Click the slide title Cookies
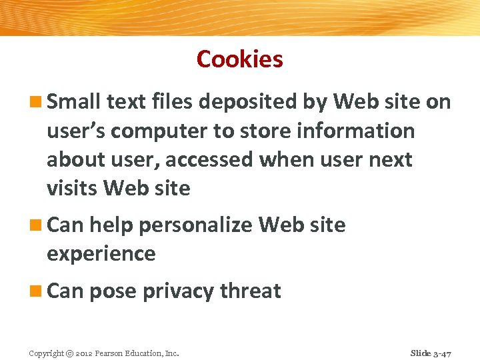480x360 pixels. (x=240, y=59)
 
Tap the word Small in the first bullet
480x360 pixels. (x=74, y=102)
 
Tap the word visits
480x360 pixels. (x=73, y=189)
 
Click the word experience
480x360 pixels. (x=101, y=254)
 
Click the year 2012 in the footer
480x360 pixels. (x=85, y=353)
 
